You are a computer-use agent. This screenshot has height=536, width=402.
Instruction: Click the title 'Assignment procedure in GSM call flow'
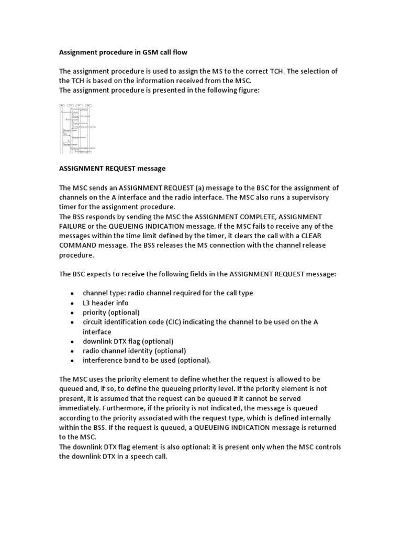click(x=122, y=52)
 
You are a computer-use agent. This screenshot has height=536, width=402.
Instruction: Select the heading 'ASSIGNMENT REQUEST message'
click(x=112, y=169)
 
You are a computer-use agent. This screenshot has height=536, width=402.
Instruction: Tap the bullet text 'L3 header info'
click(x=105, y=303)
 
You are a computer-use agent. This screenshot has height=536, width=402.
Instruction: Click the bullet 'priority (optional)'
click(x=111, y=312)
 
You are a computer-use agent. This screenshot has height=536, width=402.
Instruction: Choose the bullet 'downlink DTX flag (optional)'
click(x=128, y=341)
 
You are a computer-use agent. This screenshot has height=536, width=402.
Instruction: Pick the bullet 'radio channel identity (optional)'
click(x=134, y=351)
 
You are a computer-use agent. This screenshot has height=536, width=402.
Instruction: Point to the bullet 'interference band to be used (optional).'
click(x=147, y=361)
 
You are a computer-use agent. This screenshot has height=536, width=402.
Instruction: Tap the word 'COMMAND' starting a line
click(x=77, y=245)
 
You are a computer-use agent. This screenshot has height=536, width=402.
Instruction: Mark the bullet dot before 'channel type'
click(x=71, y=294)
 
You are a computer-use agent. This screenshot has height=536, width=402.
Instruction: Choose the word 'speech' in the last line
click(x=143, y=456)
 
